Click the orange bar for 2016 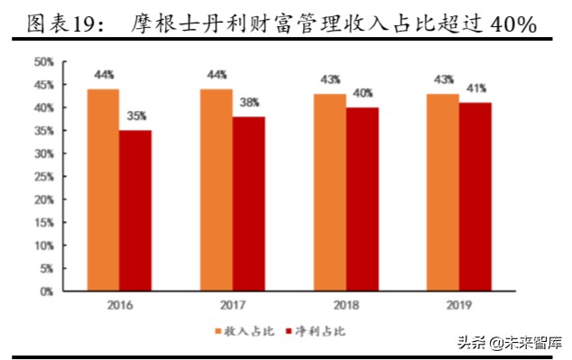[x=103, y=189]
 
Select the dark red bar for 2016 [x=135, y=210]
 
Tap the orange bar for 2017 [x=217, y=189]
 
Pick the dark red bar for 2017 [x=248, y=203]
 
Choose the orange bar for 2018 [x=329, y=192]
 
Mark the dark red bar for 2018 [x=361, y=198]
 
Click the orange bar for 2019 [x=442, y=192]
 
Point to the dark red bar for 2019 [x=475, y=197]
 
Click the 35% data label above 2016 [x=136, y=115]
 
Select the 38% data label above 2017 [x=249, y=102]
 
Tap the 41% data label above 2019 [x=475, y=88]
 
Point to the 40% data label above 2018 [x=363, y=93]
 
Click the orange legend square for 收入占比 [x=217, y=331]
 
